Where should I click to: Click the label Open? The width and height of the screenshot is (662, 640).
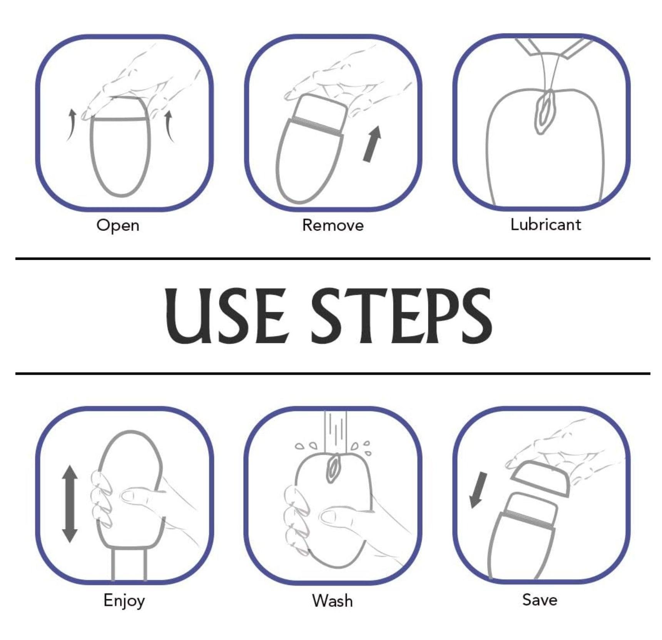pos(118,225)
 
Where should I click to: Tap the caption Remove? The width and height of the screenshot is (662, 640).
pos(333,225)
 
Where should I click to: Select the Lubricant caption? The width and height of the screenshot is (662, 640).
pos(545,224)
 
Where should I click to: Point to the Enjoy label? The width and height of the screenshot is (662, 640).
pos(124,601)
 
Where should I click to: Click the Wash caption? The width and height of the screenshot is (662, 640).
pos(332,601)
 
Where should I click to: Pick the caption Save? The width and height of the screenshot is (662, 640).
pos(540,600)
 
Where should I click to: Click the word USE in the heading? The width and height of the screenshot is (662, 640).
pos(226,315)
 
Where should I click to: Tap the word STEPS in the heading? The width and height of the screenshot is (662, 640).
pos(401,315)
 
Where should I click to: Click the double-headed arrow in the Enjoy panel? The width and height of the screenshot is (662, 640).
pos(70,504)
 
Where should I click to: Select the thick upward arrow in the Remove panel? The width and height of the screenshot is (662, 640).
pos(372,144)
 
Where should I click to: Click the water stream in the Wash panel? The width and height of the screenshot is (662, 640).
pos(335,432)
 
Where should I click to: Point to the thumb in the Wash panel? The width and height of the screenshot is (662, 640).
pos(339,517)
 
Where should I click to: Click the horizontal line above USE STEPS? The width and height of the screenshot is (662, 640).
pos(333,259)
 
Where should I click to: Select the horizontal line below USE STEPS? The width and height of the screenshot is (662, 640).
pos(333,373)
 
